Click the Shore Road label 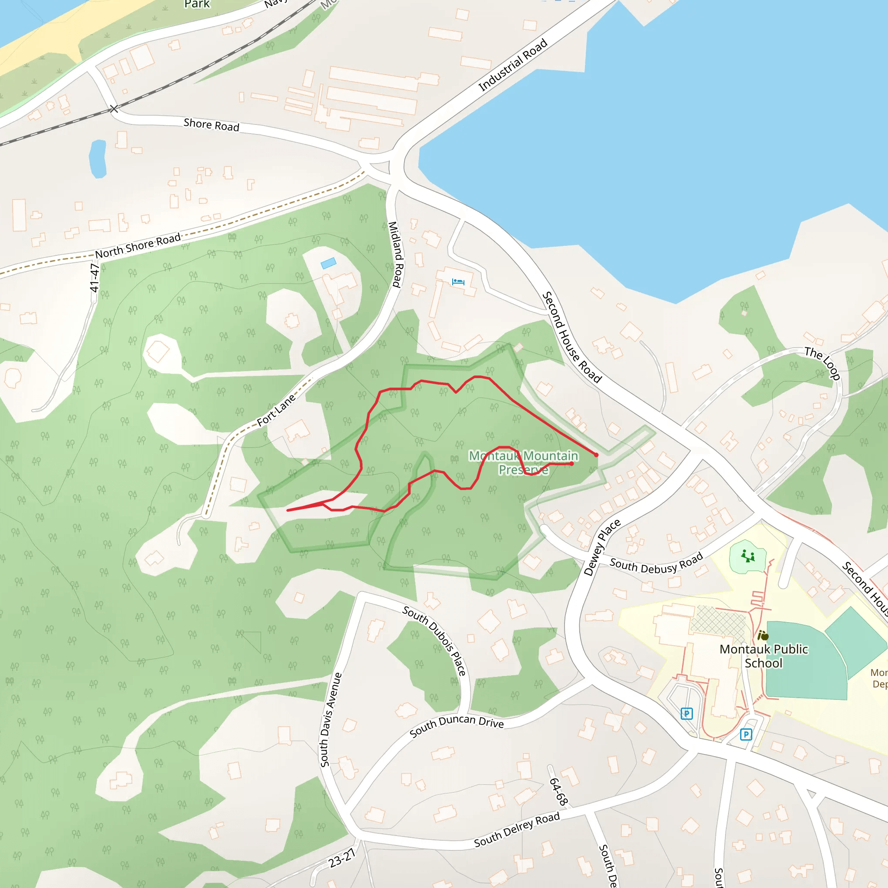[212, 124]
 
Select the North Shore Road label [138, 246]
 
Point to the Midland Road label [395, 254]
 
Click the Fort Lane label [276, 411]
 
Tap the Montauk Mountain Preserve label [523, 462]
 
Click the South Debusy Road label [656, 564]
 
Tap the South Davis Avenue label [331, 720]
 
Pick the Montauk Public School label [764, 656]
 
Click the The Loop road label [822, 363]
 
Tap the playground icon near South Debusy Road [748, 557]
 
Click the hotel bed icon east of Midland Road [458, 282]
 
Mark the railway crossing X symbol [114, 109]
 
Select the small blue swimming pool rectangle [328, 263]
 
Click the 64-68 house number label [558, 790]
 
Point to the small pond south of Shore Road [98, 159]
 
